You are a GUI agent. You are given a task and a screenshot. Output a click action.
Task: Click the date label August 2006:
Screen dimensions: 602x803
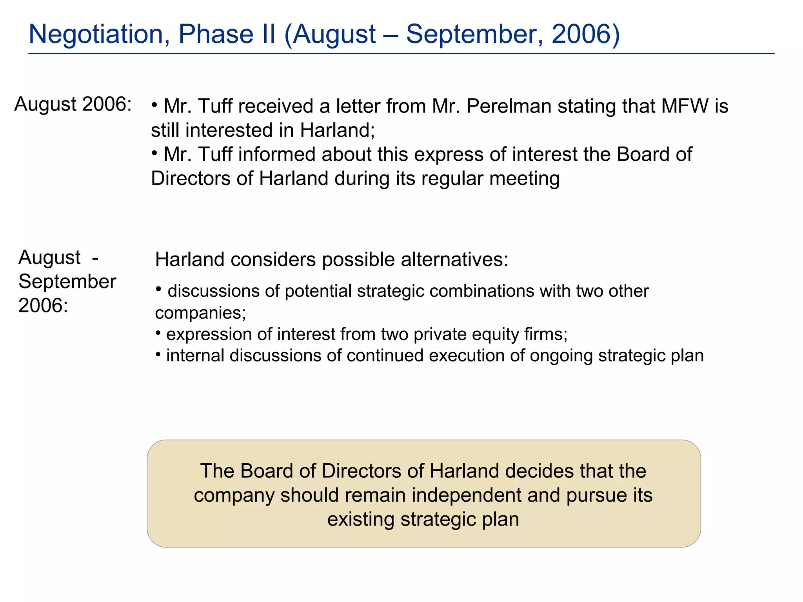pos(73,105)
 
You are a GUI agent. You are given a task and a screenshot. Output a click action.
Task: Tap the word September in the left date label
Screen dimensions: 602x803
pos(67,282)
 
